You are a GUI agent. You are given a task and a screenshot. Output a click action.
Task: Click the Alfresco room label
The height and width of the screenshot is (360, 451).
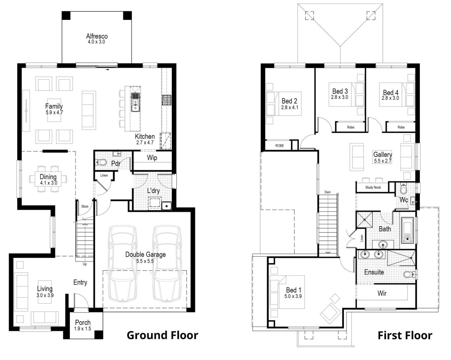click(x=97, y=36)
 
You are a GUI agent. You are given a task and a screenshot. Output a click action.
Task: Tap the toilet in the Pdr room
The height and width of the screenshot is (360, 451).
click(x=101, y=163)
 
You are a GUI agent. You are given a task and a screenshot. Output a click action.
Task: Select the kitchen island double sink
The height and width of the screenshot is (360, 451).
click(x=135, y=102)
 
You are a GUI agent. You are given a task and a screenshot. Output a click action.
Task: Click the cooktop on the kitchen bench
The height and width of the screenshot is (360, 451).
click(x=166, y=100)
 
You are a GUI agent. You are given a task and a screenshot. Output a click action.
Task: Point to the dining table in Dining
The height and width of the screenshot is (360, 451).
click(x=48, y=179)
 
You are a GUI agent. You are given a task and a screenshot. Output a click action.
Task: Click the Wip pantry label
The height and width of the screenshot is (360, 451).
click(x=152, y=158)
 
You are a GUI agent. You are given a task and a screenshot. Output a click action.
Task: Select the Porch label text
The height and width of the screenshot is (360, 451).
click(x=83, y=322)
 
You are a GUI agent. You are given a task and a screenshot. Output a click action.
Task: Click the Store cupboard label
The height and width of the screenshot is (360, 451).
click(x=85, y=206)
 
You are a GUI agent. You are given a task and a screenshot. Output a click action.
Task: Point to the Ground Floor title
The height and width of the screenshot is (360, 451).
click(x=162, y=335)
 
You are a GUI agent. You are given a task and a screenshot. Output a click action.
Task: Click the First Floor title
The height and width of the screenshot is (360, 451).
click(x=405, y=335)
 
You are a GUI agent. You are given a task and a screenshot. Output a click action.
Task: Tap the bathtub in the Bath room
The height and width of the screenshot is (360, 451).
click(x=408, y=229)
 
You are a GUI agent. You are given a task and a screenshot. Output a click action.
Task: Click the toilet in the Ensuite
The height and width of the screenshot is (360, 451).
click(x=409, y=275)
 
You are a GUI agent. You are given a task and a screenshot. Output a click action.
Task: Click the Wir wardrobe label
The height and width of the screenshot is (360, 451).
click(x=382, y=293)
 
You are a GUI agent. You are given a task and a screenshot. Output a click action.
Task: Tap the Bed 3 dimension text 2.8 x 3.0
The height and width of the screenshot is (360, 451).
click(x=340, y=97)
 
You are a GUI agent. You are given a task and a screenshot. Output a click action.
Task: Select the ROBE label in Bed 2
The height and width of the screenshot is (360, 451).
click(x=279, y=145)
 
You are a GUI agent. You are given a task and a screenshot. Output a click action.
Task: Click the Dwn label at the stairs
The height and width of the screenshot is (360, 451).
click(x=328, y=192)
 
